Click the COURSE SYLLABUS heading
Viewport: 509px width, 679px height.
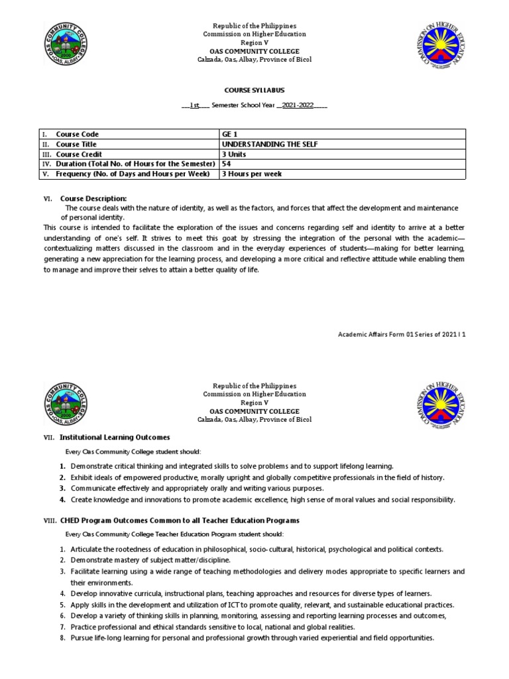[254, 90]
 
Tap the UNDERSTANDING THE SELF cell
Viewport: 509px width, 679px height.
[264, 144]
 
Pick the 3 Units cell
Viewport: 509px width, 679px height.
[235, 154]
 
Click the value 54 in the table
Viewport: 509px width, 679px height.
[227, 164]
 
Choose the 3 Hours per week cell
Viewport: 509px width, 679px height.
[251, 174]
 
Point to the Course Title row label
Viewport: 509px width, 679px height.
[76, 144]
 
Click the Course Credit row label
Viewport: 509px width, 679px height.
[79, 154]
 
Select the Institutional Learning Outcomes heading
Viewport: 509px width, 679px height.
[115, 438]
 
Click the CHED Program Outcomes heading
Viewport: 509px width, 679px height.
[179, 521]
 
